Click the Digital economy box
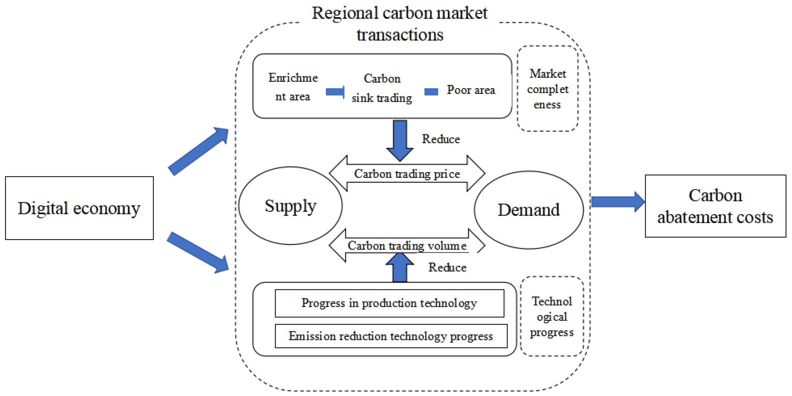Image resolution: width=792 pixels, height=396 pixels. click(79, 208)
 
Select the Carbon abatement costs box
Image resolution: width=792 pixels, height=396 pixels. click(715, 206)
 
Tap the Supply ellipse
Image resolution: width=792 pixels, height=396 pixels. click(290, 206)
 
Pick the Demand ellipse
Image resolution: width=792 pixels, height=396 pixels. click(529, 210)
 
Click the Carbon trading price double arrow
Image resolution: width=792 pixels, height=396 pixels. click(407, 174)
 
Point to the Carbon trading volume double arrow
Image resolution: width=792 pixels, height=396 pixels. click(407, 246)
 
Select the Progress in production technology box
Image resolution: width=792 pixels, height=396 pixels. click(389, 303)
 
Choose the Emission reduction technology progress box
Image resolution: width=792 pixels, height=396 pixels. click(391, 336)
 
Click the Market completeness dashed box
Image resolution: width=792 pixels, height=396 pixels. click(547, 89)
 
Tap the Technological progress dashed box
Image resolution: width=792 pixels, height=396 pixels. click(552, 316)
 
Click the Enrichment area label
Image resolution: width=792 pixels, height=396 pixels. click(293, 87)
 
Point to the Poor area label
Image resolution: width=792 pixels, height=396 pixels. click(471, 90)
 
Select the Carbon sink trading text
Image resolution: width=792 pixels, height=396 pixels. click(382, 88)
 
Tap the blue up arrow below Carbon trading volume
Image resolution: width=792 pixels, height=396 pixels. click(400, 268)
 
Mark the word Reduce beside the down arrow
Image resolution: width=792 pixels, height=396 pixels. click(441, 139)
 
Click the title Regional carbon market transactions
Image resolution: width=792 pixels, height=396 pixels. click(400, 23)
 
